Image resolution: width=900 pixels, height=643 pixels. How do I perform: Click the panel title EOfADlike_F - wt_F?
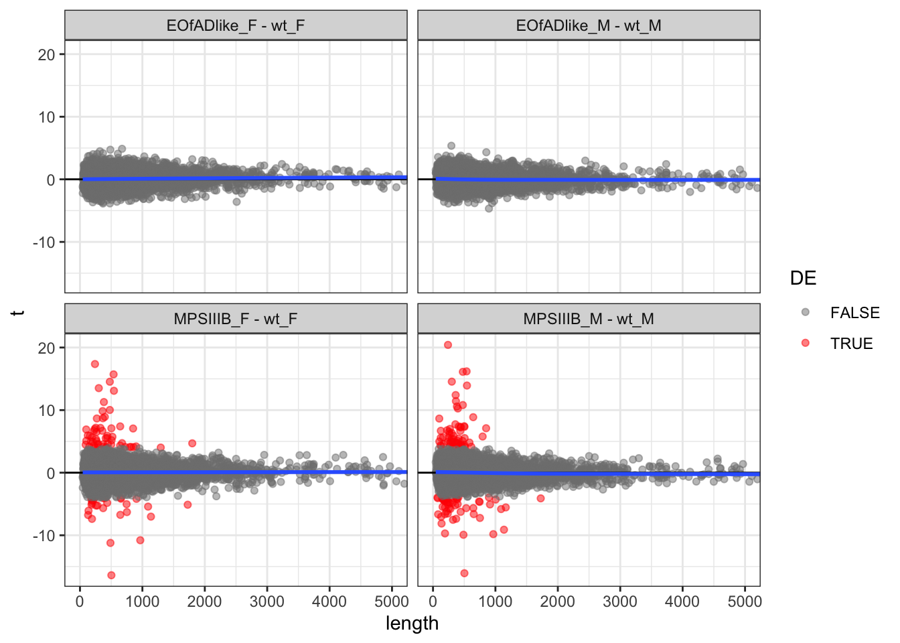pyautogui.click(x=236, y=25)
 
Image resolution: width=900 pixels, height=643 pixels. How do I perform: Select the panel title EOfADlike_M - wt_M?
pyautogui.click(x=589, y=25)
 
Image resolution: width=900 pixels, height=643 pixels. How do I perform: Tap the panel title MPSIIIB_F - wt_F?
pyautogui.click(x=236, y=319)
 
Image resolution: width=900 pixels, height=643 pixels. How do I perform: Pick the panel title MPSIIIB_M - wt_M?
pyautogui.click(x=589, y=319)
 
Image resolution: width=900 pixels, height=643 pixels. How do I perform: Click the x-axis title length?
pyautogui.click(x=412, y=624)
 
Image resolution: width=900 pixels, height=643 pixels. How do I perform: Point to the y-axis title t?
pyautogui.click(x=18, y=313)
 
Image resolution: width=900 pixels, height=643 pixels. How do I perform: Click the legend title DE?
pyautogui.click(x=803, y=279)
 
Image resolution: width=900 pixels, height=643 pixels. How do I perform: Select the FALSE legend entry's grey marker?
pyautogui.click(x=806, y=312)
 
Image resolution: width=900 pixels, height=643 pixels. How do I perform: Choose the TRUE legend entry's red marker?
pyautogui.click(x=806, y=343)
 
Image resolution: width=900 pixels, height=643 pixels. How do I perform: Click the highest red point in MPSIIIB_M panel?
pyautogui.click(x=448, y=345)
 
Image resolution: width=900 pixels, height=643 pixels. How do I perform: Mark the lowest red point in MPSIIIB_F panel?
pyautogui.click(x=111, y=575)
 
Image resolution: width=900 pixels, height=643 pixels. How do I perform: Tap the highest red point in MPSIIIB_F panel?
pyautogui.click(x=95, y=364)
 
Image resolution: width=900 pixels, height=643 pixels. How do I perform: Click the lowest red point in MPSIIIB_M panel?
pyautogui.click(x=464, y=573)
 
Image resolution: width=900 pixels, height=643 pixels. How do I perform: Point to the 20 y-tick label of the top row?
pyautogui.click(x=47, y=55)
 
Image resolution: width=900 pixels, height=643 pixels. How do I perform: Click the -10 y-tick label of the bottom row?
pyautogui.click(x=44, y=536)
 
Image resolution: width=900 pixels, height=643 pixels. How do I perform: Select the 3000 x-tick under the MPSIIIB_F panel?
pyautogui.click(x=267, y=601)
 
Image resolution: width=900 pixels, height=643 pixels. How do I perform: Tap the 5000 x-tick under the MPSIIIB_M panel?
pyautogui.click(x=745, y=601)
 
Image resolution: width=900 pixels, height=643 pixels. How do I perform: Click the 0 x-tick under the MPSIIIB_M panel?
pyautogui.click(x=433, y=601)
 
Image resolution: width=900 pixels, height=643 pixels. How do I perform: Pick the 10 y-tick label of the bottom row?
pyautogui.click(x=47, y=411)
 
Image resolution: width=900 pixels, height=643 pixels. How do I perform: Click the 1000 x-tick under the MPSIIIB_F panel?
pyautogui.click(x=142, y=601)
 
